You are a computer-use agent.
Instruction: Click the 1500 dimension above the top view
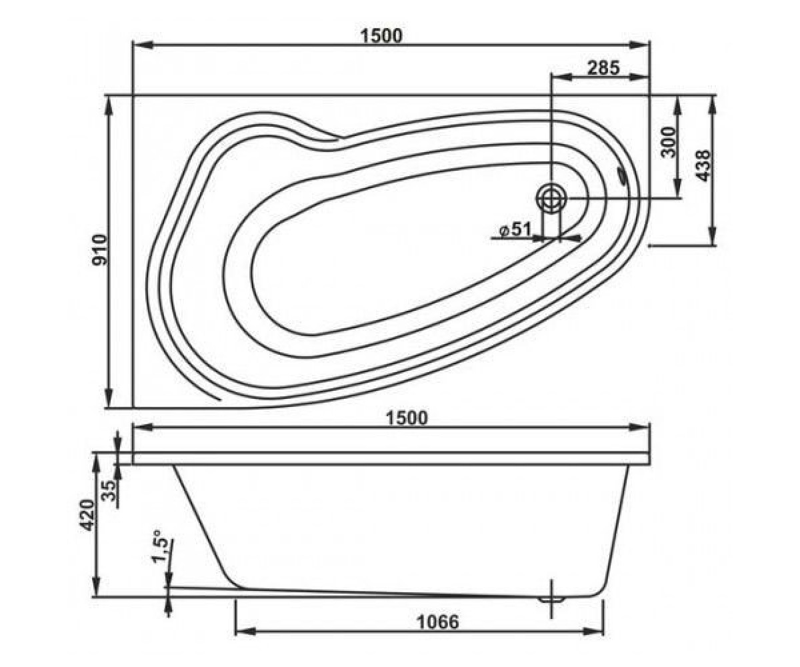[381, 35]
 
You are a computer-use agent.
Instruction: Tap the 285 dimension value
[603, 68]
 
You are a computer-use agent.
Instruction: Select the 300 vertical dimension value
[669, 142]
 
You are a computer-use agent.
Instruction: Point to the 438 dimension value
[703, 165]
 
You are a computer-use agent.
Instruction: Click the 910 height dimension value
[101, 250]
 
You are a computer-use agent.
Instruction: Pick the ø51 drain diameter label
[516, 229]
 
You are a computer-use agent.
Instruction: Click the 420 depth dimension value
[87, 516]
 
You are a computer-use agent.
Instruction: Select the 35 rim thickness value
[109, 491]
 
